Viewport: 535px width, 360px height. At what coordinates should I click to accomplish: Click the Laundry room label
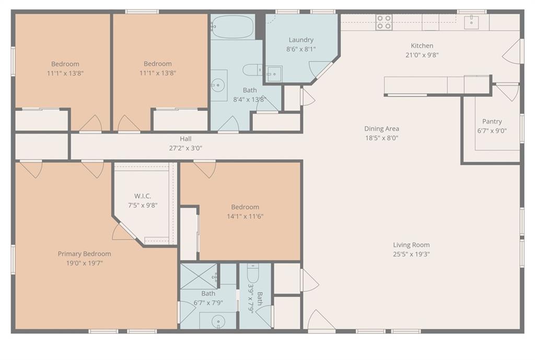pyautogui.click(x=300, y=40)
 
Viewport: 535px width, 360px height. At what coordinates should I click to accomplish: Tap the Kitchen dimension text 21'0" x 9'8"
pyautogui.click(x=422, y=55)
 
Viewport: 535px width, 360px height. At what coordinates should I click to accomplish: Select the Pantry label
pyautogui.click(x=492, y=121)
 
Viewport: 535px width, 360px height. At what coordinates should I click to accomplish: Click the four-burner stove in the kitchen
pyautogui.click(x=384, y=22)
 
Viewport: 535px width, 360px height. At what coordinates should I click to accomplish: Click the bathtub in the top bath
pyautogui.click(x=232, y=27)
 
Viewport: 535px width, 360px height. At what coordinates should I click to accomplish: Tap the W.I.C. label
pyautogui.click(x=142, y=196)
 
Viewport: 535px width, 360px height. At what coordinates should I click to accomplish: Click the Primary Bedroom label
pyautogui.click(x=84, y=254)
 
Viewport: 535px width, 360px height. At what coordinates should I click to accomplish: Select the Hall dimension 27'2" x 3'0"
pyautogui.click(x=185, y=148)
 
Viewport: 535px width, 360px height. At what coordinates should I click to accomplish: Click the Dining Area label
pyautogui.click(x=381, y=129)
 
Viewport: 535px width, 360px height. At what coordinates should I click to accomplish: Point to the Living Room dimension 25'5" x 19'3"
pyautogui.click(x=411, y=254)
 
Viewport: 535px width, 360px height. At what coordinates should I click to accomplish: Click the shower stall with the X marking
pyautogui.click(x=199, y=276)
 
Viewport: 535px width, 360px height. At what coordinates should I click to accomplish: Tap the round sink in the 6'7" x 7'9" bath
pyautogui.click(x=218, y=321)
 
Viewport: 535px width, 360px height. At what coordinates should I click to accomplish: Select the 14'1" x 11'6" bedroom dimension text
pyautogui.click(x=245, y=216)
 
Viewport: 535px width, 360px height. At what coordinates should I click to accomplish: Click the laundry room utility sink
pyautogui.click(x=274, y=74)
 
